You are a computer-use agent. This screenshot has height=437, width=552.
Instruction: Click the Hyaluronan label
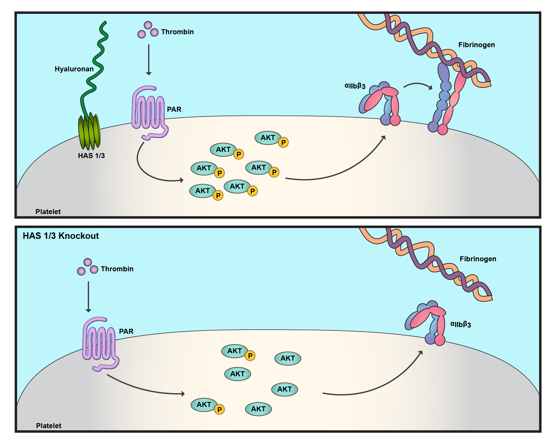coord(74,69)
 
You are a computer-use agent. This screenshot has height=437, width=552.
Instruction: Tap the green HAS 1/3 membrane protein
coord(89,132)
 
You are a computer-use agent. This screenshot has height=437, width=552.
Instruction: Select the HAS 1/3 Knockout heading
coord(61,236)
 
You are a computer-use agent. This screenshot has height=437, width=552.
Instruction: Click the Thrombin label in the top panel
coord(177,32)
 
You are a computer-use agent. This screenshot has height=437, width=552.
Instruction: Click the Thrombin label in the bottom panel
coord(117,269)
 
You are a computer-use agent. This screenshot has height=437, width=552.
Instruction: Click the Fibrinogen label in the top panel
coord(477,45)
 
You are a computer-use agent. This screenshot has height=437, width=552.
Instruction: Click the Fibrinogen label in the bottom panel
coord(478,259)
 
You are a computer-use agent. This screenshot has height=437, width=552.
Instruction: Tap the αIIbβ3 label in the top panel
coord(355,86)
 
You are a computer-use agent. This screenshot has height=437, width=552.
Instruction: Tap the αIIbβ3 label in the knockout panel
coord(460,324)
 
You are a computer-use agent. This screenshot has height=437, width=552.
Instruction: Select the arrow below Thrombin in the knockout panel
coord(88,296)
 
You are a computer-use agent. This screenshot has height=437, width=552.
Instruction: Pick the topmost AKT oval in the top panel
coord(267,138)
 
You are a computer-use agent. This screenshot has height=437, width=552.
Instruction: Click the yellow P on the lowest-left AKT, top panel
coord(218,195)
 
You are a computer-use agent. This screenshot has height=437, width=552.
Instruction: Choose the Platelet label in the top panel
coord(48,212)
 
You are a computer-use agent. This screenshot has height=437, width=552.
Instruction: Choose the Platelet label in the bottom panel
coord(49,426)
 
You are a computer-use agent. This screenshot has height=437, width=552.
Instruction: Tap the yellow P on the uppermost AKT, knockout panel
coord(250,356)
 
